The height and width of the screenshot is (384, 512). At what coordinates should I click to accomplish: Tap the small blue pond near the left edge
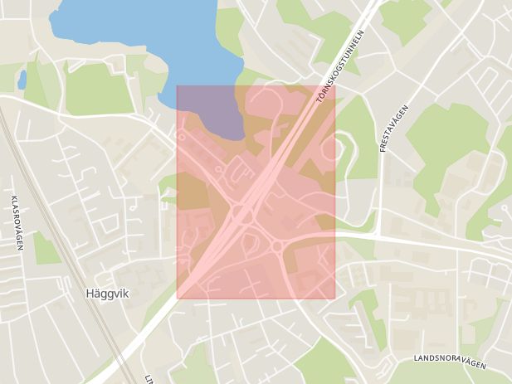pyautogui.click(x=22, y=80)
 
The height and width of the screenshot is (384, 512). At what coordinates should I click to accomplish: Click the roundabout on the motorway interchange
pyautogui.click(x=242, y=214)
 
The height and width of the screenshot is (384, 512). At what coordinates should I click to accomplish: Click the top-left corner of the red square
pyautogui.click(x=178, y=85)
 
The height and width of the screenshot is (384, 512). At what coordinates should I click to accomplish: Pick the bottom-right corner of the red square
pyautogui.click(x=334, y=298)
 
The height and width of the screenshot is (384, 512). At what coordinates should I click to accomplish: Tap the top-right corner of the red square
pyautogui.click(x=334, y=85)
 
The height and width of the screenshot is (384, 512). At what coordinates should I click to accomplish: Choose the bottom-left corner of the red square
pyautogui.click(x=178, y=298)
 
